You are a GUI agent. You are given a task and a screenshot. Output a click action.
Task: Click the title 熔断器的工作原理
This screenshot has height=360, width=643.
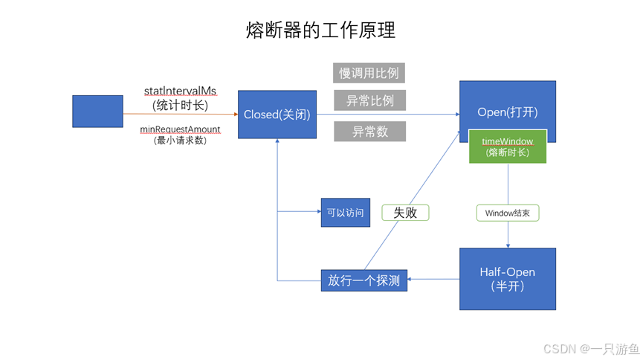[320, 30]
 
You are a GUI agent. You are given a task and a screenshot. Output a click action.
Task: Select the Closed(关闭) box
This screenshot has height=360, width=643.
[277, 115]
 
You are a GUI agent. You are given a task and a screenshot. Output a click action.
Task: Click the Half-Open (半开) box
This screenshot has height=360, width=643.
[507, 279]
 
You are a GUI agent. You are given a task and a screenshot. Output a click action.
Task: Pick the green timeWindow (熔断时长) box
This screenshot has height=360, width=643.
[507, 146]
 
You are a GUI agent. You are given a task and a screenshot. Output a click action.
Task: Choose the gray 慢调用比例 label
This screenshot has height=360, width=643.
[369, 73]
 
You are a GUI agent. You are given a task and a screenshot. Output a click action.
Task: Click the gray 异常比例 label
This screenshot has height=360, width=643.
[369, 100]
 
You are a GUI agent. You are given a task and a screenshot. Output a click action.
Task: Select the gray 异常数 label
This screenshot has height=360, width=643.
[369, 132]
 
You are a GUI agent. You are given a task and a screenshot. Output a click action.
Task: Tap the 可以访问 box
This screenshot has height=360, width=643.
[345, 213]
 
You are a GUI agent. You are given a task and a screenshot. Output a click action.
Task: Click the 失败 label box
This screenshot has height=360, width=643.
[405, 213]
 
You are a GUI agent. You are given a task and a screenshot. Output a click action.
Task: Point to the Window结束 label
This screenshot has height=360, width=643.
[507, 213]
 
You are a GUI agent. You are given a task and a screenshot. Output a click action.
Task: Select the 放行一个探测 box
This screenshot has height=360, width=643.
[363, 280]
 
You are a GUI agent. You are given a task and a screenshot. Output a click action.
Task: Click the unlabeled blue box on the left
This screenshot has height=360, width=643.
[97, 111]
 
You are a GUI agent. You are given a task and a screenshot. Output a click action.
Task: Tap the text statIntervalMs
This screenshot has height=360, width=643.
[180, 90]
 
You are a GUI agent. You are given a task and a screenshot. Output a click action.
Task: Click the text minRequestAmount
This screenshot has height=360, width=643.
[180, 129]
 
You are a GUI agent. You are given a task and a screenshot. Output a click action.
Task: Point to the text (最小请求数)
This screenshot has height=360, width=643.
[180, 140]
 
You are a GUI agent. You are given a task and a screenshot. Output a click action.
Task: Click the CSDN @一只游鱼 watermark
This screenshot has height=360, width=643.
[591, 348]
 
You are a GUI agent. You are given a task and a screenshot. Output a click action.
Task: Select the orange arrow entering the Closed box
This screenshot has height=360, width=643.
[180, 114]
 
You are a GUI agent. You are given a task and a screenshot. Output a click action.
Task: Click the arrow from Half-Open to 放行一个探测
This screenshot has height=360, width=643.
[433, 280]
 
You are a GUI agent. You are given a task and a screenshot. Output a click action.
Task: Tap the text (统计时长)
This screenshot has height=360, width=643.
[180, 104]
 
